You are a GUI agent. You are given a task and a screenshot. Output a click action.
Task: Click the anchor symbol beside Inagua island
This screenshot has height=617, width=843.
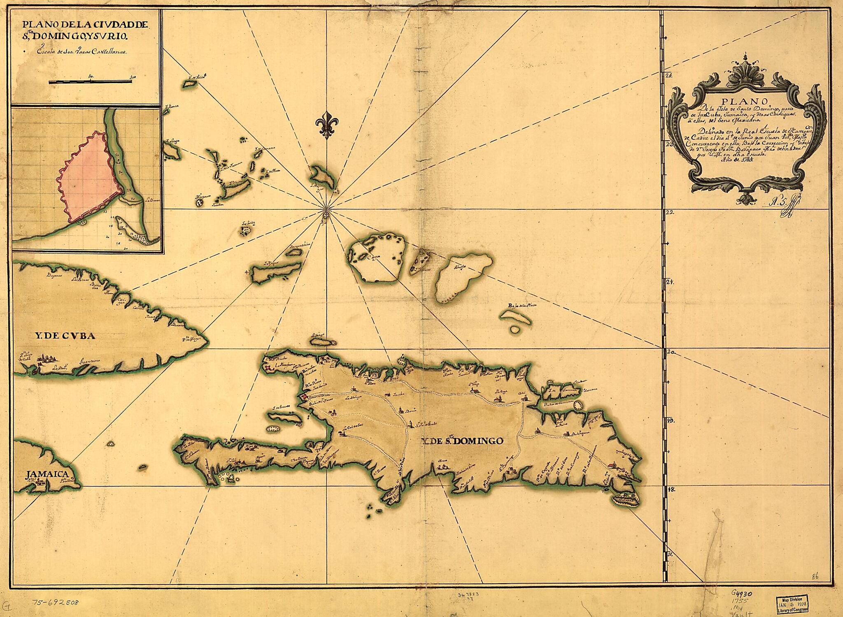click(x=247, y=272)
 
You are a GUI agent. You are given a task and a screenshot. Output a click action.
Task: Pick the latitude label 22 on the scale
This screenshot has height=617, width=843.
click(x=669, y=213)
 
